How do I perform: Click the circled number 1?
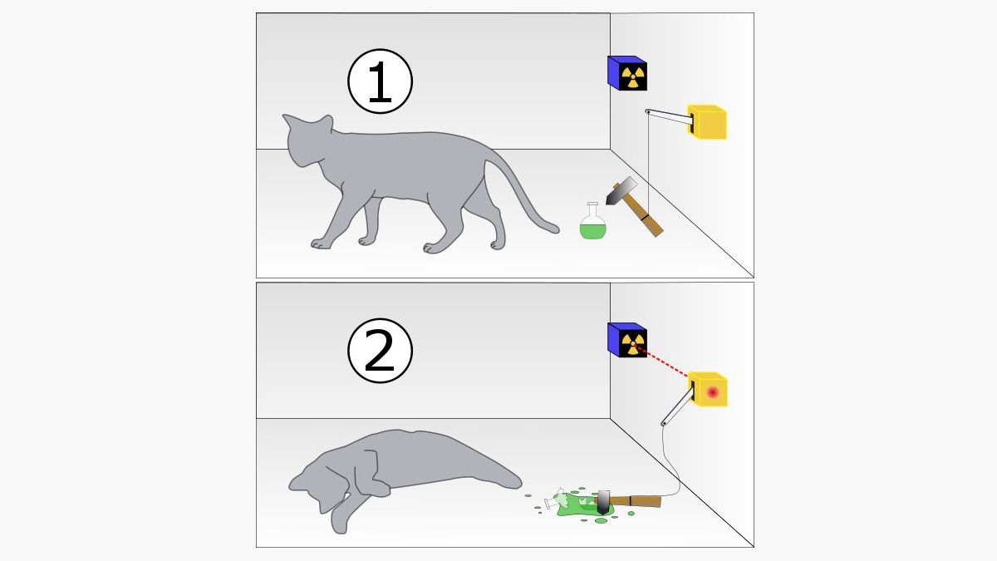pyautogui.click(x=379, y=82)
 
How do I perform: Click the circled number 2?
pyautogui.click(x=379, y=352)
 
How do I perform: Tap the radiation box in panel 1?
pyautogui.click(x=629, y=74)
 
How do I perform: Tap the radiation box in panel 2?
pyautogui.click(x=629, y=341)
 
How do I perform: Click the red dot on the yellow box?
pyautogui.click(x=711, y=391)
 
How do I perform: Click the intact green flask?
pyautogui.click(x=593, y=228)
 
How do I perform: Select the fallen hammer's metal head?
pyautogui.click(x=603, y=501)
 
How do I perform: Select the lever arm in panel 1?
pyautogui.click(x=668, y=117)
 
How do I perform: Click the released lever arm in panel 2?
pyautogui.click(x=676, y=407)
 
